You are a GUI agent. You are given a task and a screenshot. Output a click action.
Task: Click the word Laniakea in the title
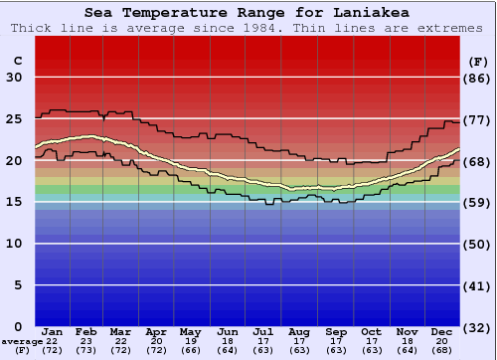[x=369, y=13]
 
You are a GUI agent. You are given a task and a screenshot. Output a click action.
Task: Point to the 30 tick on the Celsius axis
[x=14, y=78]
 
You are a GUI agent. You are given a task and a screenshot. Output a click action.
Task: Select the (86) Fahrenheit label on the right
[x=478, y=78]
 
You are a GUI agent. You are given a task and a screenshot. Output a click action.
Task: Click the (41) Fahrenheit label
[x=478, y=285]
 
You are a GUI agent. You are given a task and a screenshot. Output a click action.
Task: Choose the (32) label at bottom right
[x=478, y=327]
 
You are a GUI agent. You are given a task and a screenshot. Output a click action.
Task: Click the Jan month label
[x=53, y=331]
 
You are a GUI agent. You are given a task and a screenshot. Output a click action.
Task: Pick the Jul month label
[x=263, y=331]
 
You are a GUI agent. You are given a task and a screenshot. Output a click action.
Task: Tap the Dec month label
[x=442, y=331]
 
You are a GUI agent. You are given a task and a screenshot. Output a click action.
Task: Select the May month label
[x=190, y=331]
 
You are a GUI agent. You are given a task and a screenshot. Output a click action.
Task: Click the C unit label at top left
[x=17, y=61]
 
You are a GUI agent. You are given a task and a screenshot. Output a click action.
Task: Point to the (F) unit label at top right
[x=478, y=61]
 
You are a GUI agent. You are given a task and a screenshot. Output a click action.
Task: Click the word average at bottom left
[x=22, y=341]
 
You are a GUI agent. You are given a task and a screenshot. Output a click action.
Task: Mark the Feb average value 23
[x=86, y=341]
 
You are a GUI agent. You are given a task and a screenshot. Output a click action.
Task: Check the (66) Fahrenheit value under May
[x=190, y=350]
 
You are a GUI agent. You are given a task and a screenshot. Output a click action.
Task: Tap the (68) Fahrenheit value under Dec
[x=442, y=350]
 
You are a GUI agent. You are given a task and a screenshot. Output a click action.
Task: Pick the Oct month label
[x=371, y=331]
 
